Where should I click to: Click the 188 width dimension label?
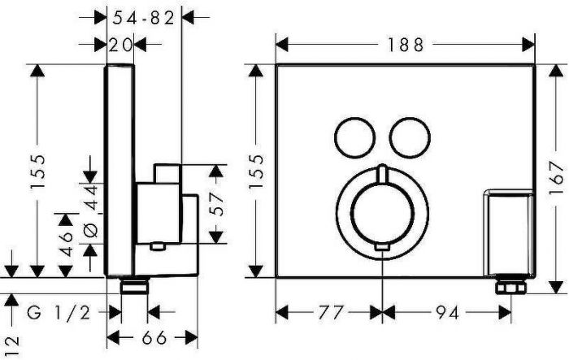click(x=406, y=45)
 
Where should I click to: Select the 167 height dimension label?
click(x=556, y=178)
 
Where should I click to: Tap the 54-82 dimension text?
click(x=144, y=18)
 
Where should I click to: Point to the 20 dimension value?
click(x=120, y=45)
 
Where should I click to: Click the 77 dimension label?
click(x=330, y=312)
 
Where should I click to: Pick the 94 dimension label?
click(x=447, y=312)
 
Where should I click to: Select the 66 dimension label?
click(x=154, y=338)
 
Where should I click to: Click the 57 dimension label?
click(x=216, y=204)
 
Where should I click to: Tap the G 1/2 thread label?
click(x=59, y=312)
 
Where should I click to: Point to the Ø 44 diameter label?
click(x=91, y=210)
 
